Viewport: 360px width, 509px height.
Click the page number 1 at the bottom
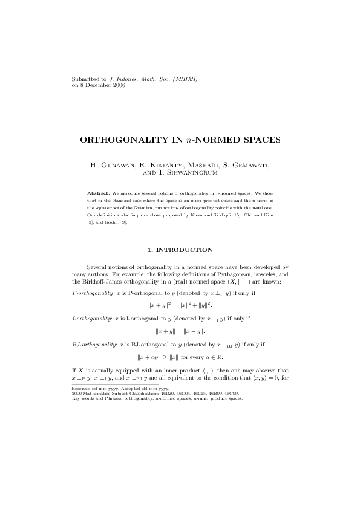180,431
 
